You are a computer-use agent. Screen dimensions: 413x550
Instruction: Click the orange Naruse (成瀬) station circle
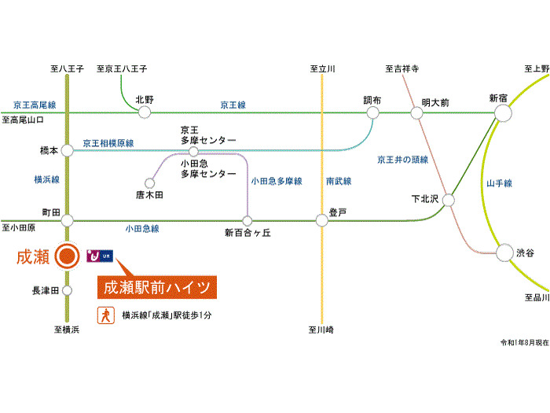coord(68,256)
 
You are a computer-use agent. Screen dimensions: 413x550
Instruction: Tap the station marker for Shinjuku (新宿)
coord(503,113)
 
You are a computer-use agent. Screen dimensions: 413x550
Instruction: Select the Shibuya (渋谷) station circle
coord(504,253)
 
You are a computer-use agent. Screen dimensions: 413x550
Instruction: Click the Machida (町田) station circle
coord(68,220)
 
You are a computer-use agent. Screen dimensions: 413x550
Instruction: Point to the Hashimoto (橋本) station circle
coord(68,149)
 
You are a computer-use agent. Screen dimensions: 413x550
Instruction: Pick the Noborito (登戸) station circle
coord(321,220)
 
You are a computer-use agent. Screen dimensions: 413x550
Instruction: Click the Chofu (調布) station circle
coord(372,113)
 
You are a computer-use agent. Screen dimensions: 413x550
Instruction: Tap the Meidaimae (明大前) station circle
coord(416,113)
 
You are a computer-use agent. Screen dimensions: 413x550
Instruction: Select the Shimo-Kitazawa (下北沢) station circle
coord(449,200)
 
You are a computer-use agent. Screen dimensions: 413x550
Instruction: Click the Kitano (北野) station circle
coord(145,113)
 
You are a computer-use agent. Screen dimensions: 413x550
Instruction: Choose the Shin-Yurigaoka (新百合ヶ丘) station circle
coord(247,220)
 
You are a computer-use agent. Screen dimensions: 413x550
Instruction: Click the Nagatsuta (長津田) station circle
coord(68,290)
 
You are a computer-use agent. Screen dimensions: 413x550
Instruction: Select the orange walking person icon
coord(103,315)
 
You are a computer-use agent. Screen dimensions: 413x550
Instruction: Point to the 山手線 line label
coord(499,183)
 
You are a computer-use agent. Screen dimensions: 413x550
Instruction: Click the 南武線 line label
coord(339,182)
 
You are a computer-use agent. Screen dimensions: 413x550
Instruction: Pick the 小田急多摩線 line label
coord(277,182)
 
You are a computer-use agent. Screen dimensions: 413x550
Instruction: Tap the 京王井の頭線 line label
coord(402,160)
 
